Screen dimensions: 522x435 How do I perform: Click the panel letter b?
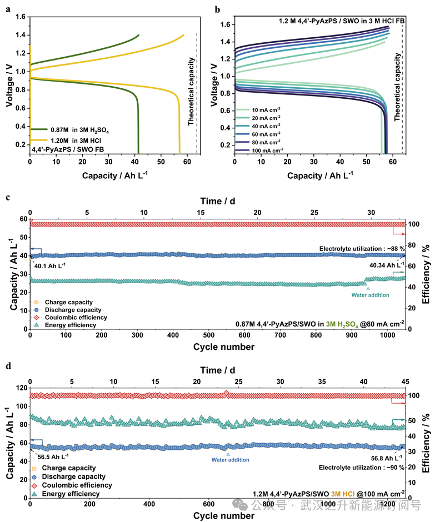217,10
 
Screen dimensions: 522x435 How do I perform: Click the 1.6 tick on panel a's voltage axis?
21,17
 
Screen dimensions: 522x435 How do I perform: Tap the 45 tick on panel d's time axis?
405,382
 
